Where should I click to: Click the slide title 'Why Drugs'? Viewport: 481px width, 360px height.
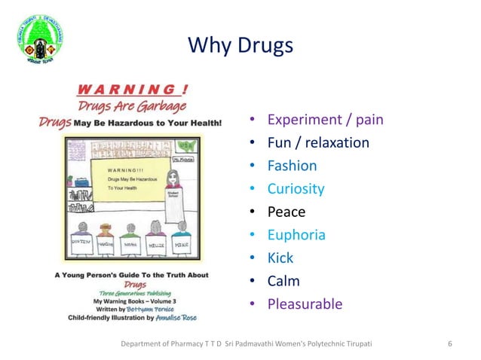click(x=240, y=46)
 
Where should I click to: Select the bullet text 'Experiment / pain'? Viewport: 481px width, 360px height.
click(x=326, y=119)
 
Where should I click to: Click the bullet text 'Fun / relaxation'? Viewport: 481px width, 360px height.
click(x=318, y=142)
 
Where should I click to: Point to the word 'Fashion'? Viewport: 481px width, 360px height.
click(x=293, y=166)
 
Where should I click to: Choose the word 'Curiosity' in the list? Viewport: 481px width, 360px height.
click(x=296, y=188)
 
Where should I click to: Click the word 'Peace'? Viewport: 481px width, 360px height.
click(x=286, y=212)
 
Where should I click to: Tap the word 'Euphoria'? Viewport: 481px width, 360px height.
click(x=297, y=235)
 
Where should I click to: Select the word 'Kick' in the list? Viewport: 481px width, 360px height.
click(x=280, y=258)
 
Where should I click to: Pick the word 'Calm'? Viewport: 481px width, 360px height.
click(x=283, y=281)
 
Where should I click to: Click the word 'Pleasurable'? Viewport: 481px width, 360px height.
click(x=305, y=304)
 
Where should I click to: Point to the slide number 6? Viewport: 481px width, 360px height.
click(x=449, y=344)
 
